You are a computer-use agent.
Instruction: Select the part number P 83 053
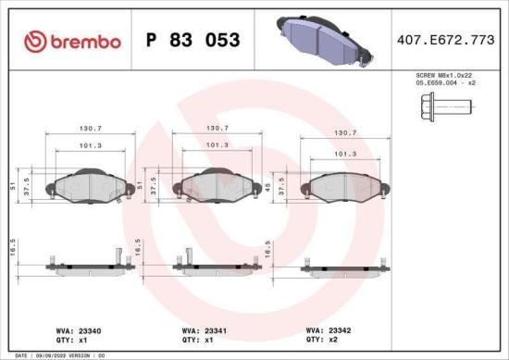(x=193, y=41)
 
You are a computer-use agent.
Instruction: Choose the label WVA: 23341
(x=200, y=329)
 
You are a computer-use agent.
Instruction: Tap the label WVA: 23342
(x=325, y=328)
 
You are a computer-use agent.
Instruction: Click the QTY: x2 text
(x=320, y=339)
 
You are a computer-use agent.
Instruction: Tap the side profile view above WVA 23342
(x=343, y=268)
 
